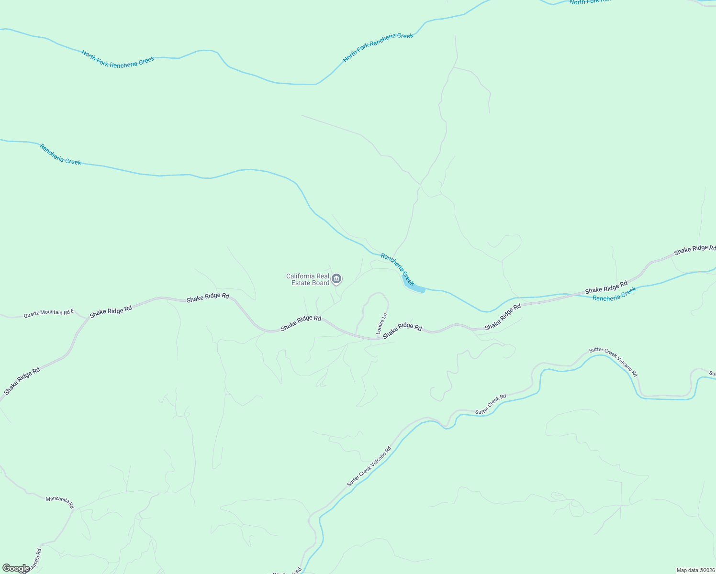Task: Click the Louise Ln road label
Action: pyautogui.click(x=381, y=324)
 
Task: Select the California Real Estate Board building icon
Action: pyautogui.click(x=336, y=278)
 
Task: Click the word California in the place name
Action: pyautogui.click(x=301, y=276)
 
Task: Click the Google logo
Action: pyautogui.click(x=15, y=568)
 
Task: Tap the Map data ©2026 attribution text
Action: pyautogui.click(x=695, y=570)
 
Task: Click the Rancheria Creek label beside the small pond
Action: pyautogui.click(x=397, y=270)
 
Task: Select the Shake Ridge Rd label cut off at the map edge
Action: pyautogui.click(x=694, y=249)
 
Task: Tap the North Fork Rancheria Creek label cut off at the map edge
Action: pyautogui.click(x=590, y=2)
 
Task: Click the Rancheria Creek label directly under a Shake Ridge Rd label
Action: pyautogui.click(x=615, y=294)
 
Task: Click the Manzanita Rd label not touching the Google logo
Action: pyautogui.click(x=60, y=502)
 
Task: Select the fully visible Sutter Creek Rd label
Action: pyautogui.click(x=491, y=404)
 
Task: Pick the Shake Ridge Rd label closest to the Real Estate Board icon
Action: pyautogui.click(x=301, y=323)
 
